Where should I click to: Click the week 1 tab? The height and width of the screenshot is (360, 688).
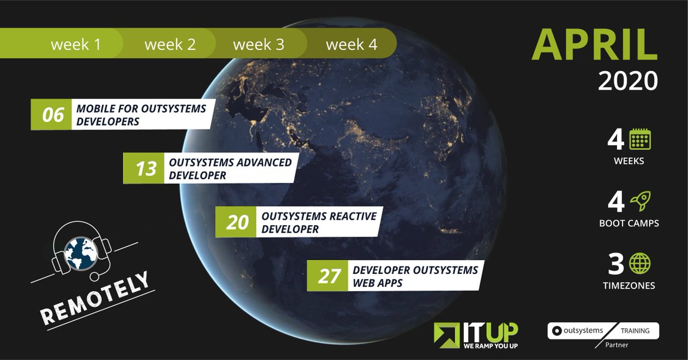[x=76, y=44]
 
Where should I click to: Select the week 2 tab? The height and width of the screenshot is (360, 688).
[x=170, y=44]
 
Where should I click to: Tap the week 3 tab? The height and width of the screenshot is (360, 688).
[x=259, y=44]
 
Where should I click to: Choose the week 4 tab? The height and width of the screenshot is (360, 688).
[x=351, y=44]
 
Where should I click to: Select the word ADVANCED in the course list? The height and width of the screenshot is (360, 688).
[x=261, y=162]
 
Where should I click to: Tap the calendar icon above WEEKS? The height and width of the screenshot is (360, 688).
[x=640, y=139]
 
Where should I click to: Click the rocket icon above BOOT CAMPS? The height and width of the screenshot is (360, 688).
[x=640, y=202]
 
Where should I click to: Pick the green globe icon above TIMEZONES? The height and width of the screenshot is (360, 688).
[x=640, y=264]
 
